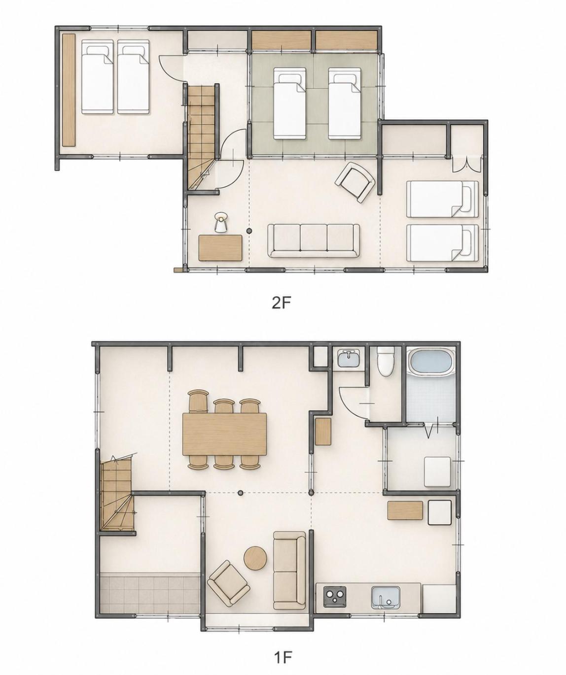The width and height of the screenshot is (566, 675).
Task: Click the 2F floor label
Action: [x=282, y=303]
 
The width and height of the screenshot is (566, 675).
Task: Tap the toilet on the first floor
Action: [x=386, y=361]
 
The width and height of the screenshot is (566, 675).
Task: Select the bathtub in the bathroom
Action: [x=431, y=362]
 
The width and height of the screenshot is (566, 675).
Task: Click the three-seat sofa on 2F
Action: [x=314, y=240]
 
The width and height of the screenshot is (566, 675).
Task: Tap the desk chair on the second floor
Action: [x=221, y=222]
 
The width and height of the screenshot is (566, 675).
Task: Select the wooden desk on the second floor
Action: [x=220, y=248]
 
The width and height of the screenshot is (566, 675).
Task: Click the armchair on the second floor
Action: [x=356, y=182]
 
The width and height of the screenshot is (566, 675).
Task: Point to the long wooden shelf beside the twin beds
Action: [x=69, y=90]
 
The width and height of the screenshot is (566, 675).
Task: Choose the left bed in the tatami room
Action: [x=290, y=103]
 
